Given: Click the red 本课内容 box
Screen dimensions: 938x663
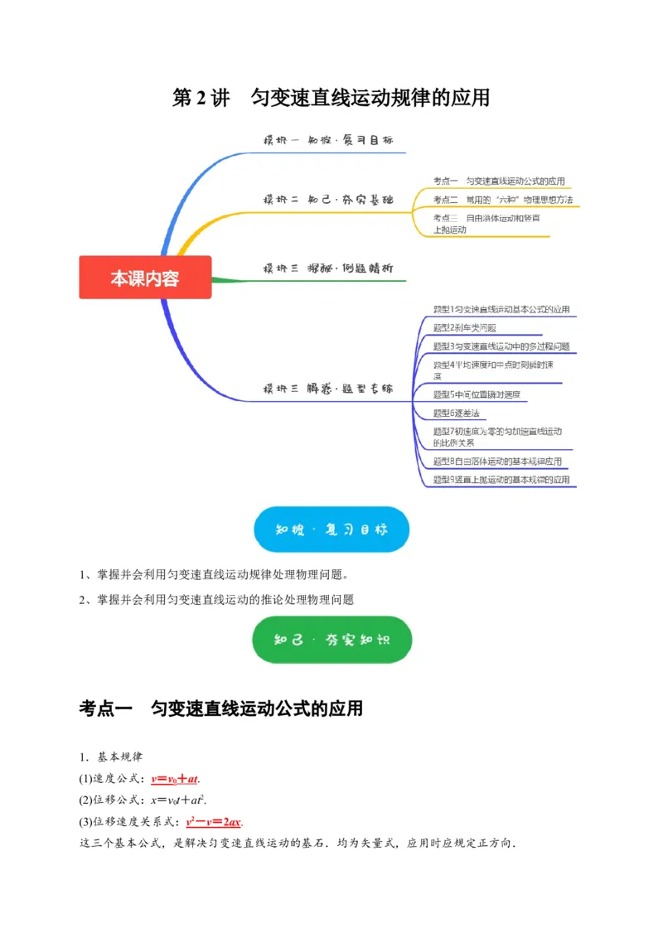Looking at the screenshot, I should coord(145,278).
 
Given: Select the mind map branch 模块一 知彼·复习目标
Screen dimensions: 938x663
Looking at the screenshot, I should coord(328,141).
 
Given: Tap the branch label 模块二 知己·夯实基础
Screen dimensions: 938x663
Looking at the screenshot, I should coord(328,200).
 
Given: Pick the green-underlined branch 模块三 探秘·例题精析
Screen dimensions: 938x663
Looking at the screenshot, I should coord(328,268).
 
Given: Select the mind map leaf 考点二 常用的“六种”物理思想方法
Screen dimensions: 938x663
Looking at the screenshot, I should coord(502,200).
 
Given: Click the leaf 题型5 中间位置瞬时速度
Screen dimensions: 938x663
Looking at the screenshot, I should coord(477,394).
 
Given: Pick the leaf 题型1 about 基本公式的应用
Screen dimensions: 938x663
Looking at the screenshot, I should coord(501,309).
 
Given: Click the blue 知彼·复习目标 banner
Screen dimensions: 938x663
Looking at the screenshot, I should coord(331,529).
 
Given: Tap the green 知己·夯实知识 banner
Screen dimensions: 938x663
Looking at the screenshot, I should coord(331,640).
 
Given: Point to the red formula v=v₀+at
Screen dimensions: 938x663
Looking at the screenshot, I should coord(176,779).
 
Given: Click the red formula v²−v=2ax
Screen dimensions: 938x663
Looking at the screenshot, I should coord(214,822).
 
